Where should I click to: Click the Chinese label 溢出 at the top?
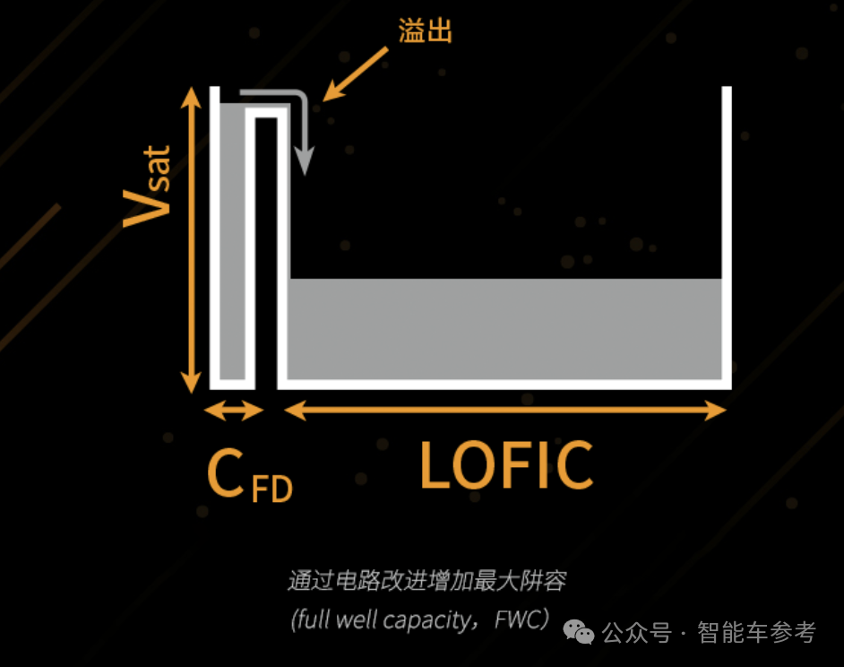click(x=425, y=31)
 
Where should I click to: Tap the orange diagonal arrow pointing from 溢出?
click(x=356, y=73)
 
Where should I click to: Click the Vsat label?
click(x=149, y=187)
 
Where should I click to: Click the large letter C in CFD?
click(x=225, y=473)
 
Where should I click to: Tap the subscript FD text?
click(x=271, y=489)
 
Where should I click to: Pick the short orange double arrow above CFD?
click(x=234, y=411)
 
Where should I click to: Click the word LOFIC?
click(x=506, y=465)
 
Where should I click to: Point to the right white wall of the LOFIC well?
click(x=727, y=233)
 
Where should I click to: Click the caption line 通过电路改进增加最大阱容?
click(x=426, y=581)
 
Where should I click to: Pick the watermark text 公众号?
click(x=637, y=632)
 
